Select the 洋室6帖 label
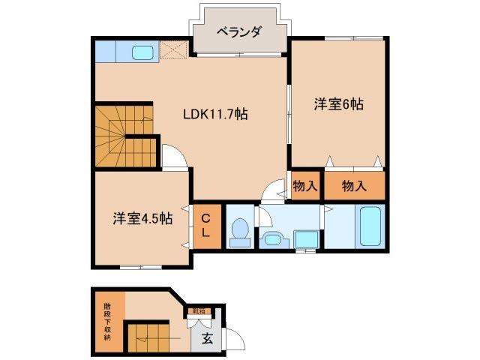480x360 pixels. (338, 105)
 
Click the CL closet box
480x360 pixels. (206, 226)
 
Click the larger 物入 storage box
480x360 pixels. (354, 184)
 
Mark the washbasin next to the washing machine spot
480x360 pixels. (271, 239)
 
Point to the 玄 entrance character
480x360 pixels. (207, 338)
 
